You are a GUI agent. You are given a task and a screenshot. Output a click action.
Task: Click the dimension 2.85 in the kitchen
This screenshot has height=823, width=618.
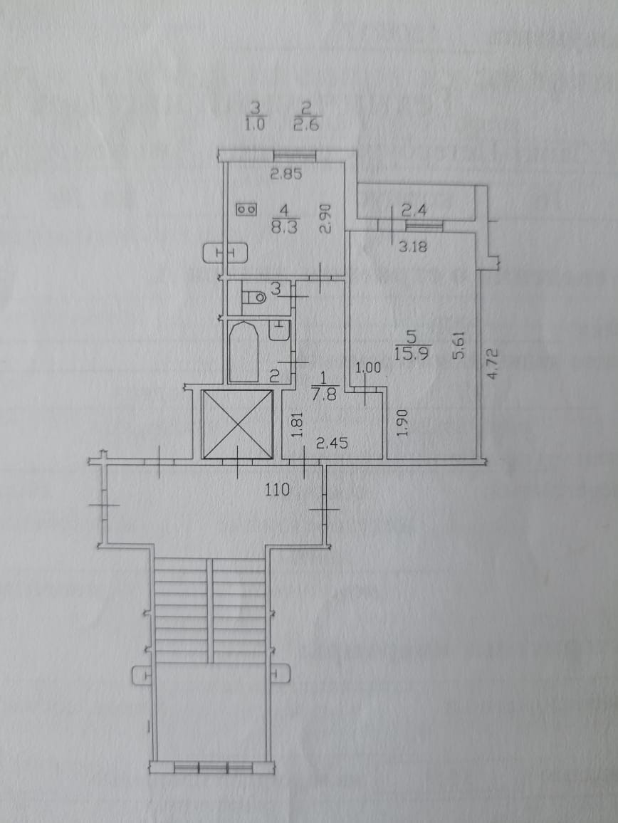tap(286, 173)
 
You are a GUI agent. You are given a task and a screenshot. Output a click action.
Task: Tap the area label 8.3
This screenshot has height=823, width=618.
tap(284, 228)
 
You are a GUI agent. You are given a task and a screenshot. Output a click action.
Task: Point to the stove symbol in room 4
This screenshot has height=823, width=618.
tap(247, 209)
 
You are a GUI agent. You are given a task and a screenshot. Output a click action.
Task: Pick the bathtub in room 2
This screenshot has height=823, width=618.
tap(243, 352)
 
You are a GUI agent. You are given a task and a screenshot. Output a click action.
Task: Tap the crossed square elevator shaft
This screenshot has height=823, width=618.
tap(237, 424)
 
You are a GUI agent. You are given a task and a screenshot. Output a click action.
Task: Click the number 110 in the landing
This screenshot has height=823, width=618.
tap(278, 489)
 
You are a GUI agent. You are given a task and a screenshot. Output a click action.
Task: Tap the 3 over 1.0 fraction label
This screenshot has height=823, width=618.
tap(256, 116)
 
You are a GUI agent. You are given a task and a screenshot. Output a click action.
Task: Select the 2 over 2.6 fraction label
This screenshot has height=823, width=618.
tap(307, 116)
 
